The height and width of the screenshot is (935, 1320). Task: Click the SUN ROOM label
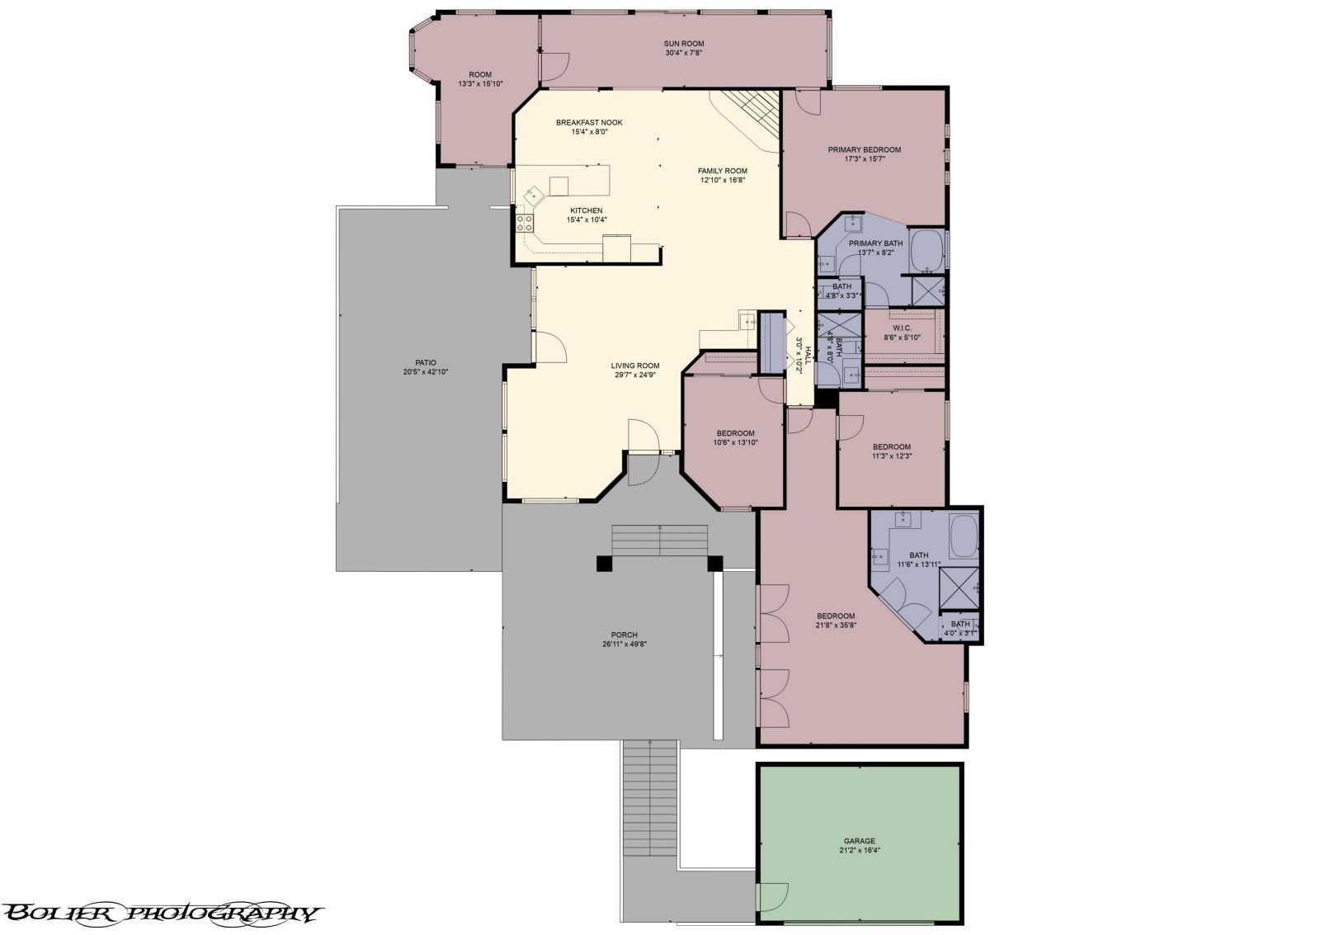683,44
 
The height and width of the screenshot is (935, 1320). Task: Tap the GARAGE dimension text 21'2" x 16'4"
859,849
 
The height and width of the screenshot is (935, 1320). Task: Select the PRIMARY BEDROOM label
864,150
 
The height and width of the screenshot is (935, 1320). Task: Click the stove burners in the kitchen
525,221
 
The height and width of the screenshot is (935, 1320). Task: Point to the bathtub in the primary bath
927,251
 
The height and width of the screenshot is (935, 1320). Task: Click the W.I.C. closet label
901,328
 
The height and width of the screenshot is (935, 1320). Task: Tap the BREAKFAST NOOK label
589,122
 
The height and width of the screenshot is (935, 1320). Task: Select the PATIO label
426,362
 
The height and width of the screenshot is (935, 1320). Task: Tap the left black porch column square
604,563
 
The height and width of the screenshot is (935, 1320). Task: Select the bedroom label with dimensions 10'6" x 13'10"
735,433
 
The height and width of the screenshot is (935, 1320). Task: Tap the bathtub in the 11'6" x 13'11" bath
963,536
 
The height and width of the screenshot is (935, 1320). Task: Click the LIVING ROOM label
634,366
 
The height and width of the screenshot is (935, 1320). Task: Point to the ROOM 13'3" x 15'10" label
480,74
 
